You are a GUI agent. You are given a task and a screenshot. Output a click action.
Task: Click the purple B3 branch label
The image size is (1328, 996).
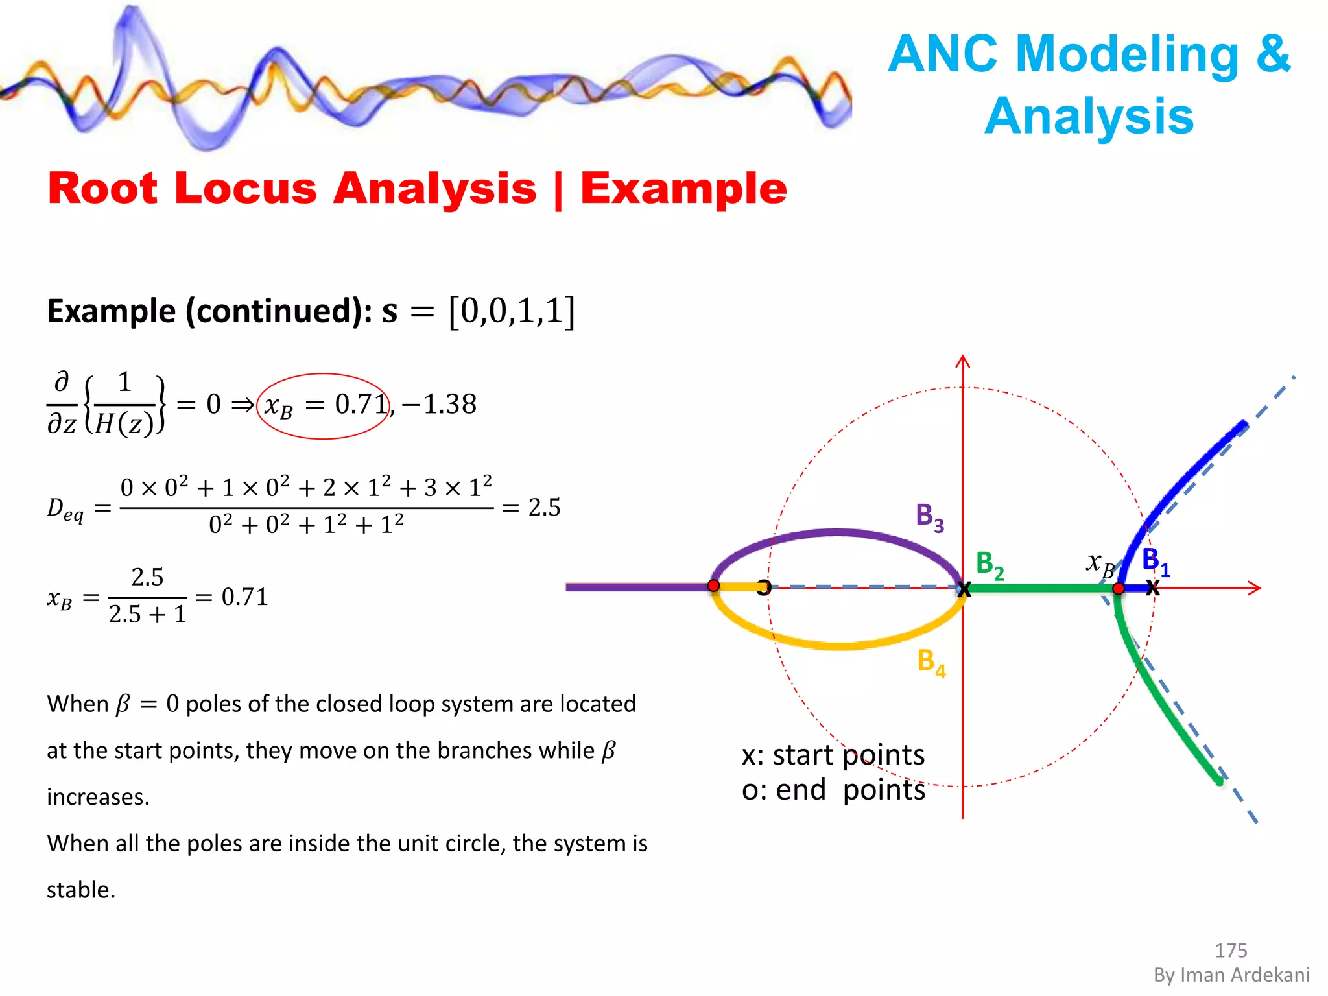[x=929, y=517]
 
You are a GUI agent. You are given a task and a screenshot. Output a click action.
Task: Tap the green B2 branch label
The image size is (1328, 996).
[x=989, y=565]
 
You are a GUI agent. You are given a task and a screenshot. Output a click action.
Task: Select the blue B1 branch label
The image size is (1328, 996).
[x=1155, y=561]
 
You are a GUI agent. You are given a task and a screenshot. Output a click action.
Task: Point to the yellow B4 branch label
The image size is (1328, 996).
[x=931, y=663]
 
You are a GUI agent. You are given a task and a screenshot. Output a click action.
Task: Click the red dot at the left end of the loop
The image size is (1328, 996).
[x=713, y=586]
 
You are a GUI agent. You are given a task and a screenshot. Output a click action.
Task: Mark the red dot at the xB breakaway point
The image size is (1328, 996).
[x=1119, y=589]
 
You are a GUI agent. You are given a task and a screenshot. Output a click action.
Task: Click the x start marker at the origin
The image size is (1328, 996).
[x=964, y=589]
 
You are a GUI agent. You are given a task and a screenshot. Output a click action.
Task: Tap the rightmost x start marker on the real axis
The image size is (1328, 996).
[x=1152, y=588]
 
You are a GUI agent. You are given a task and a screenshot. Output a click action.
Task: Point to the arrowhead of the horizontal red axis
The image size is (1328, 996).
[x=1255, y=588]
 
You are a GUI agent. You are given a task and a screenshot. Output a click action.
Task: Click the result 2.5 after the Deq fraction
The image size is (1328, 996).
[x=544, y=507]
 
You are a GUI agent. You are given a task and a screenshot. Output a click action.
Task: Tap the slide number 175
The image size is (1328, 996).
[x=1230, y=951]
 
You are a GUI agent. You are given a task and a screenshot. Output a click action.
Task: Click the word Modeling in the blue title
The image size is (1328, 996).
[x=1127, y=54]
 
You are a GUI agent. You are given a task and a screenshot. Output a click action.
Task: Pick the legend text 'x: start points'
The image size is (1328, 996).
[x=833, y=755]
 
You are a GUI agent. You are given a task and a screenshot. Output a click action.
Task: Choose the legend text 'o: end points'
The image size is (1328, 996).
[x=833, y=790]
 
